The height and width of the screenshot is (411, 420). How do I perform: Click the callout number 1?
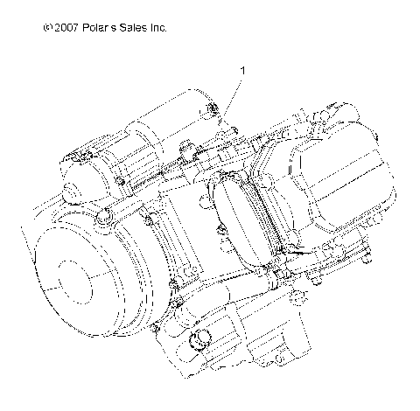click(241, 68)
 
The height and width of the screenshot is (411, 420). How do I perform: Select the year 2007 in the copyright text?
click(66, 28)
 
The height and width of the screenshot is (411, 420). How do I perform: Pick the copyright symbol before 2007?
click(46, 28)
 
